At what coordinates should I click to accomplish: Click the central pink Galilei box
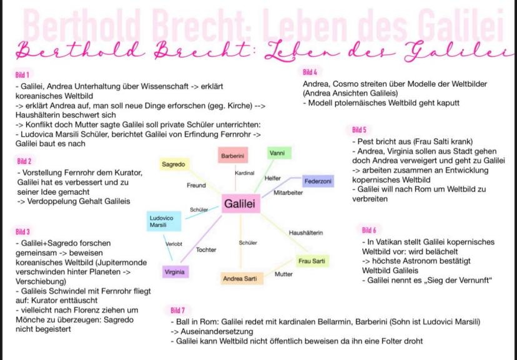[240, 203]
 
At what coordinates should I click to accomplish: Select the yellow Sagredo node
[174, 164]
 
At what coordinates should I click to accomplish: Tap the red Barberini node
[233, 155]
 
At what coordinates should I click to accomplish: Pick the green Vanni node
[279, 153]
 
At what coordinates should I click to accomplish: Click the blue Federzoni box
[318, 181]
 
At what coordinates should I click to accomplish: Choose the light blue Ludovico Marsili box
[164, 221]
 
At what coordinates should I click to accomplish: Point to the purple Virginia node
[175, 272]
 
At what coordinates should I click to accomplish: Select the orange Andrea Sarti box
[242, 279]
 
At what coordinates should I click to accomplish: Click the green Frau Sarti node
[312, 261]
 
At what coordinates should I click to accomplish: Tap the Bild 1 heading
[22, 75]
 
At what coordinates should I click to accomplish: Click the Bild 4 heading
[310, 72]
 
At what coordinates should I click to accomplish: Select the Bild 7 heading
[178, 310]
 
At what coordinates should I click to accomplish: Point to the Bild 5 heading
[359, 130]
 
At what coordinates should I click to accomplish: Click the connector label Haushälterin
[306, 233]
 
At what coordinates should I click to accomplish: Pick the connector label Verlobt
[174, 244]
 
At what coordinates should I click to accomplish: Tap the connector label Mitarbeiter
[288, 193]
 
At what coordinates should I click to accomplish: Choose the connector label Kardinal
[245, 173]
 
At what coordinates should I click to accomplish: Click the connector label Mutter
[283, 274]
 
